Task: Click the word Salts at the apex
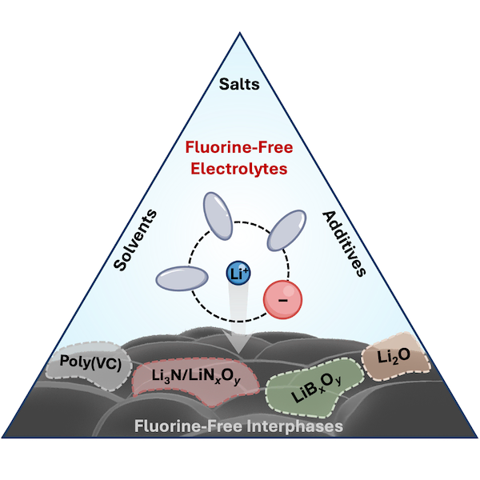[x=240, y=83]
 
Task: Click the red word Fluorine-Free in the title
[x=241, y=148]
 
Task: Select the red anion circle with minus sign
[x=281, y=300]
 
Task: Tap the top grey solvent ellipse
[x=215, y=218]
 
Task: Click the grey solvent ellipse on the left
[x=182, y=278]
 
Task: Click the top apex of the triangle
[x=240, y=31]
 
